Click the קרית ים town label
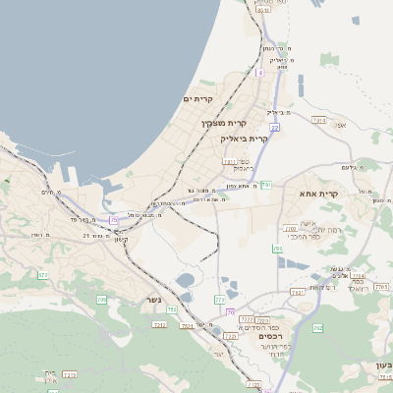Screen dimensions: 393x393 point(198,99)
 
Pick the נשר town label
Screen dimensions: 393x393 point(152,299)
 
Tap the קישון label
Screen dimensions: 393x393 point(121,239)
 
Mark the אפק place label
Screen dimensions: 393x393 point(341,125)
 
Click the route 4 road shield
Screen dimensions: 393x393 point(260,72)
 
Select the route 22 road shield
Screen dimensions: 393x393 point(275,128)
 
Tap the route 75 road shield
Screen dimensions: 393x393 point(114,218)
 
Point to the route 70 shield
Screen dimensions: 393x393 point(230,311)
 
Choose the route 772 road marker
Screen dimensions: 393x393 point(220,299)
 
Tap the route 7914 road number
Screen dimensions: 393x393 point(318,120)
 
